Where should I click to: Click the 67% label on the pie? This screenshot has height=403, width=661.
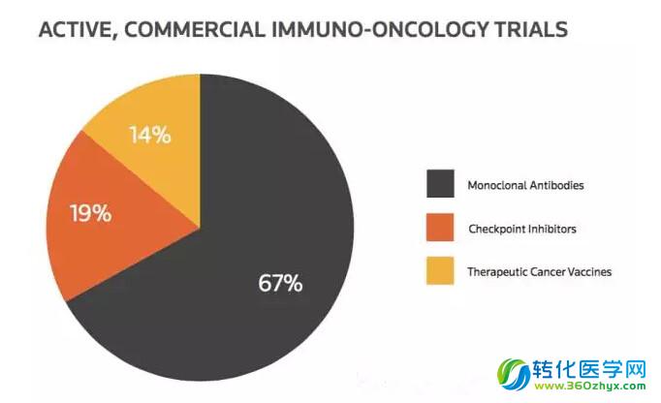[280, 283]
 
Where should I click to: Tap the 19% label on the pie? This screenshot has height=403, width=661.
[91, 213]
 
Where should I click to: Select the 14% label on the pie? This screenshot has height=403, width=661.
[150, 136]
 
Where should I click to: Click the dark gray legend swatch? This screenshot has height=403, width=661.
[440, 184]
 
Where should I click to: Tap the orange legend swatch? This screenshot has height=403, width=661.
[440, 228]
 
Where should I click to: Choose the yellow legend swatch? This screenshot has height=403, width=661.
[440, 270]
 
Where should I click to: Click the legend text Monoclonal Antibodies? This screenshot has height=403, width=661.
[525, 185]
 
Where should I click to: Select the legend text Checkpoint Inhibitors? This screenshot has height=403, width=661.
[522, 229]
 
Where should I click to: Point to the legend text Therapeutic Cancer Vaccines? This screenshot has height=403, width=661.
[540, 272]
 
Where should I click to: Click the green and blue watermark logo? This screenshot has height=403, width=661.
[514, 374]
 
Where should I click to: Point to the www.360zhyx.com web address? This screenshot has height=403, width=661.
[589, 386]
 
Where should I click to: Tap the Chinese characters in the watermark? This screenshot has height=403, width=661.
[589, 370]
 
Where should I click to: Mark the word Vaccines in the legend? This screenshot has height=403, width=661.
[589, 272]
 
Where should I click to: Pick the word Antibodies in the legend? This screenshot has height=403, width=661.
[557, 185]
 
